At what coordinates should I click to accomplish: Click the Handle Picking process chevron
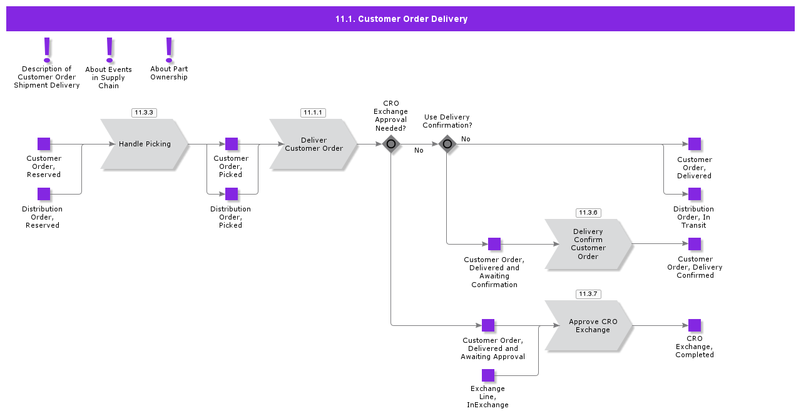(145, 144)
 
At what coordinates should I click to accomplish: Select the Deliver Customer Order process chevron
(314, 144)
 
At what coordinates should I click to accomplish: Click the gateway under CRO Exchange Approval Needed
(391, 144)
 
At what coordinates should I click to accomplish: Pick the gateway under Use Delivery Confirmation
(447, 144)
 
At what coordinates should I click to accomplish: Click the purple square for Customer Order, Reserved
(44, 144)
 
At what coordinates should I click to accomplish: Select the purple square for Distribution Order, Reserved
(44, 194)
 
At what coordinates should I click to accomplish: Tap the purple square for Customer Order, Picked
(232, 144)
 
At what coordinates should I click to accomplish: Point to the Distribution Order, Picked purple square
(232, 194)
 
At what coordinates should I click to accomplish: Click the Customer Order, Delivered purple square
(695, 144)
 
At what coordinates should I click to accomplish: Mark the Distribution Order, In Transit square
(695, 194)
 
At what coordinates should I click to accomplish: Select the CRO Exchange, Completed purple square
(695, 325)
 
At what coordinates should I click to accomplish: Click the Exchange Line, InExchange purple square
(488, 375)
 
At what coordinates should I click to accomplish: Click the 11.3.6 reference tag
(588, 213)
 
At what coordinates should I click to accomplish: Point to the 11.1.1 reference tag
(313, 113)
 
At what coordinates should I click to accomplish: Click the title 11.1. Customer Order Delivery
(401, 19)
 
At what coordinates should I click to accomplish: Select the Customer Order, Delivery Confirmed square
(695, 244)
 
